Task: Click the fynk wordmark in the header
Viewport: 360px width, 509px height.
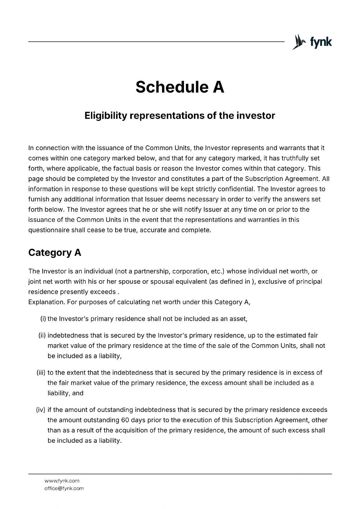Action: click(321, 42)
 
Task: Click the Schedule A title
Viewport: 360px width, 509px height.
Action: click(180, 87)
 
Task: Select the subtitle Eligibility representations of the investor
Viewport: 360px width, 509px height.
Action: click(180, 115)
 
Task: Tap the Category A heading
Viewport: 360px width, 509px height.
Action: click(55, 253)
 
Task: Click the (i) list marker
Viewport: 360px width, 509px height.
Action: click(43, 319)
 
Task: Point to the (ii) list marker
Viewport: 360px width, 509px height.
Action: click(42, 335)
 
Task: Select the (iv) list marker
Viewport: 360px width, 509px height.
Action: click(41, 410)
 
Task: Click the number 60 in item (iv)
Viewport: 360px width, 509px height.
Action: click(125, 420)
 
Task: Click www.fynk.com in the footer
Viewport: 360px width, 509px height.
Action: click(62, 481)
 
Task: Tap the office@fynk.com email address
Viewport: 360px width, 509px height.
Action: click(64, 488)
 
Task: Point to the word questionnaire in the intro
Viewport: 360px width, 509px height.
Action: click(49, 230)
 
